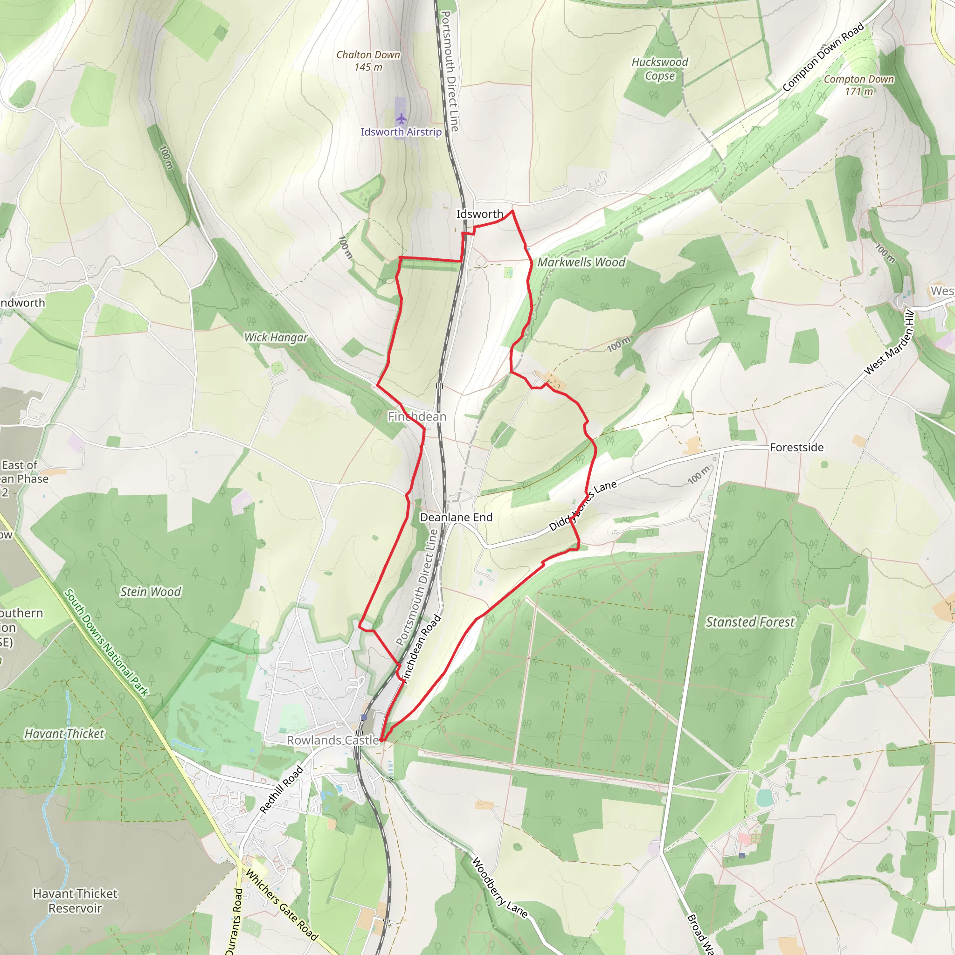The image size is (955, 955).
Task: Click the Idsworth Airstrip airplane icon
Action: tap(401, 118)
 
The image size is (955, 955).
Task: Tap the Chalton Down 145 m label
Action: tap(368, 61)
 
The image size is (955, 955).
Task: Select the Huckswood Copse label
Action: tap(659, 69)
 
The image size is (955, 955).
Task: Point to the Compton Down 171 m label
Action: tap(858, 85)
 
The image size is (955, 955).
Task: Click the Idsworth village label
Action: tap(479, 214)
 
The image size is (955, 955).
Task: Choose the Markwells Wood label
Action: tap(581, 262)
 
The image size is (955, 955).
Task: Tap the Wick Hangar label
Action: tap(276, 338)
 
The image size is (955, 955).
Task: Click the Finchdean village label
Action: tap(417, 417)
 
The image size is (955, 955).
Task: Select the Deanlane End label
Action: tap(456, 517)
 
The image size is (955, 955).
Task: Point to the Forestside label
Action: tap(796, 447)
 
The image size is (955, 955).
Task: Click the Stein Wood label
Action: tap(150, 592)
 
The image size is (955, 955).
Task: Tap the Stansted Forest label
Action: tap(750, 622)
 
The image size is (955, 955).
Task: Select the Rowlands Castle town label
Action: tap(332, 740)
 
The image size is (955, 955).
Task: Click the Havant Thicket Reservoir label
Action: tap(75, 900)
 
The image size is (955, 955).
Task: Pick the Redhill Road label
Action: tap(281, 789)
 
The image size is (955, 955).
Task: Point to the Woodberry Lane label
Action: tap(499, 887)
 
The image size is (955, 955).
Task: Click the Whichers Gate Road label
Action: tap(282, 905)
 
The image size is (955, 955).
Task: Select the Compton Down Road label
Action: tap(824, 57)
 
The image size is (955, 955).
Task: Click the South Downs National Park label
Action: tap(106, 643)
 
